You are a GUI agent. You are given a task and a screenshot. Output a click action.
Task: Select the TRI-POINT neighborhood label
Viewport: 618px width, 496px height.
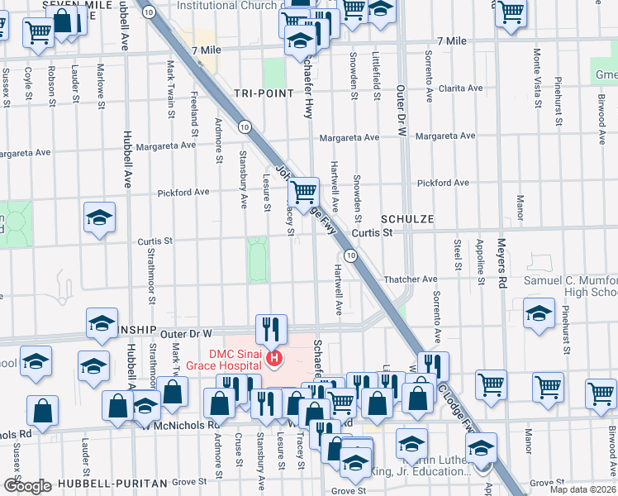[x=264, y=93]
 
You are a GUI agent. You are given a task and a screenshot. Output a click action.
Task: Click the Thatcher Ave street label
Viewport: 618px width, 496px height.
[x=410, y=280]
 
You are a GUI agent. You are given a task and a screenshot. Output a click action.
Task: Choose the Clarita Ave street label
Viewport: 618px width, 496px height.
[x=461, y=88]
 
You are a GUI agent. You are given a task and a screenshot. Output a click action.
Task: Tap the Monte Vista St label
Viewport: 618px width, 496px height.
[x=537, y=71]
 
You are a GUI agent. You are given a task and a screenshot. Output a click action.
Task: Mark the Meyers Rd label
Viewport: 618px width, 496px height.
[x=501, y=264]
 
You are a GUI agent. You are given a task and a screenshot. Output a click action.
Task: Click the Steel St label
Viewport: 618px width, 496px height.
[x=457, y=254]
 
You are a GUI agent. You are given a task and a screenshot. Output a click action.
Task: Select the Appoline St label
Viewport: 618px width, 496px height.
[x=480, y=261]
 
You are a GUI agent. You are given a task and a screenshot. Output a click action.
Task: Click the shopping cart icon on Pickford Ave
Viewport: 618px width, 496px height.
[x=304, y=193]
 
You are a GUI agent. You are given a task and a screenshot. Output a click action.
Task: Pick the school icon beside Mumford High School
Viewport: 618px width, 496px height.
[x=539, y=315]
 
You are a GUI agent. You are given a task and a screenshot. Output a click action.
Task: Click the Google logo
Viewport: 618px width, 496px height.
[x=27, y=486]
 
